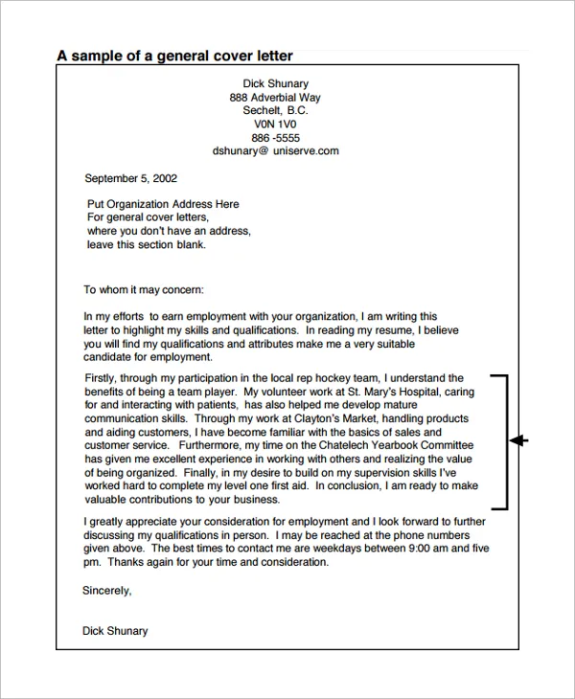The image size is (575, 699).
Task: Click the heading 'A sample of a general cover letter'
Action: tap(174, 56)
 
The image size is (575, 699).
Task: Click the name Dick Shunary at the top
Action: tap(275, 84)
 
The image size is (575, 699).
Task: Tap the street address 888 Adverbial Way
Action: tap(275, 98)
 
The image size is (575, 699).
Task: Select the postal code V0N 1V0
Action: tap(275, 124)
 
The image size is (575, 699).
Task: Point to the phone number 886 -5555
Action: tap(275, 138)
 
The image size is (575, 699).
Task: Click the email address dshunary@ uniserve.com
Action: tap(275, 151)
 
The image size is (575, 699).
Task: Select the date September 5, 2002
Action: tap(130, 178)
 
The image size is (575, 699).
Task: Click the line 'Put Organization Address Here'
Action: tap(163, 204)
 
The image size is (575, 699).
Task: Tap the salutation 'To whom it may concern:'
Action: tap(144, 289)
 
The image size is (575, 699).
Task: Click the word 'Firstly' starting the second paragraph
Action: tap(102, 378)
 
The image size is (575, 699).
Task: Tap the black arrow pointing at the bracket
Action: tap(518, 440)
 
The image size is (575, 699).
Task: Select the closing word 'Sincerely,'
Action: tap(107, 591)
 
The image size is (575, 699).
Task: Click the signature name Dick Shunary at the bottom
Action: tap(115, 631)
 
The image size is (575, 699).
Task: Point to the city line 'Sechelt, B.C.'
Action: tap(275, 111)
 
